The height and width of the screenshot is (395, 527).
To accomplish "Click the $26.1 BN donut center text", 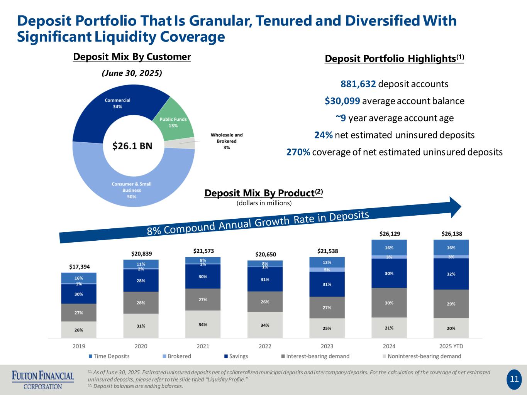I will pyautogui.click(x=132, y=146).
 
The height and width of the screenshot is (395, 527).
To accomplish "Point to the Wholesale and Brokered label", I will pyautogui.click(x=227, y=141).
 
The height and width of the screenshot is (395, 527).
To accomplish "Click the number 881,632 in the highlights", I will pyautogui.click(x=358, y=84).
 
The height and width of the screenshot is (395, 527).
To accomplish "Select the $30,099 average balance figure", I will pyautogui.click(x=342, y=101).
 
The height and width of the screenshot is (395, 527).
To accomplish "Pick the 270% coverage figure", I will pyautogui.click(x=298, y=152).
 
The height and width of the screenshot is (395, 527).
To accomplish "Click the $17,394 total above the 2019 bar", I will pyautogui.click(x=79, y=267).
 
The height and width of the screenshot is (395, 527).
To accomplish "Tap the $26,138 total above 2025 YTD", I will pyautogui.click(x=452, y=233).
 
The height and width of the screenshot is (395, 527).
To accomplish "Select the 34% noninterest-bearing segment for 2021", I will pyautogui.click(x=203, y=324).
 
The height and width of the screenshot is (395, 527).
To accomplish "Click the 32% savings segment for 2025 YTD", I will pyautogui.click(x=451, y=274).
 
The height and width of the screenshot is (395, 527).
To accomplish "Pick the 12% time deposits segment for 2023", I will pyautogui.click(x=327, y=262).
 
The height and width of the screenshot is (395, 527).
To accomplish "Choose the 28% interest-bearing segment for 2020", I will pyautogui.click(x=141, y=302).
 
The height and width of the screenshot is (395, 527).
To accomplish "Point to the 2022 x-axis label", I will pyautogui.click(x=265, y=346).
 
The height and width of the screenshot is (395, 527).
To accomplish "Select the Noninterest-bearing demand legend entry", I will pyautogui.click(x=422, y=356).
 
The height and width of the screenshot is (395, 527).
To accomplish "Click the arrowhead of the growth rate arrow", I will pyautogui.click(x=456, y=207).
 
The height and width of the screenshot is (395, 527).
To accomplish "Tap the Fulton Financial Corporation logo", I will pyautogui.click(x=43, y=380).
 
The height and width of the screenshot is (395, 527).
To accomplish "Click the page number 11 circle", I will pyautogui.click(x=514, y=379).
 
